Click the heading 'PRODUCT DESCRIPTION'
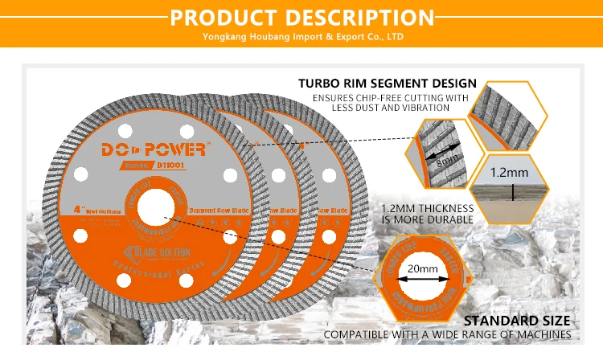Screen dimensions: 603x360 click(301, 16)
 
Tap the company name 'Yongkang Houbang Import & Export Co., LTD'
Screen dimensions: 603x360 click(301, 37)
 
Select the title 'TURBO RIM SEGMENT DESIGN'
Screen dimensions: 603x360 click(387, 83)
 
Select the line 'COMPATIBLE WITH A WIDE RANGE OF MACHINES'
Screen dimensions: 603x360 click(447, 334)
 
